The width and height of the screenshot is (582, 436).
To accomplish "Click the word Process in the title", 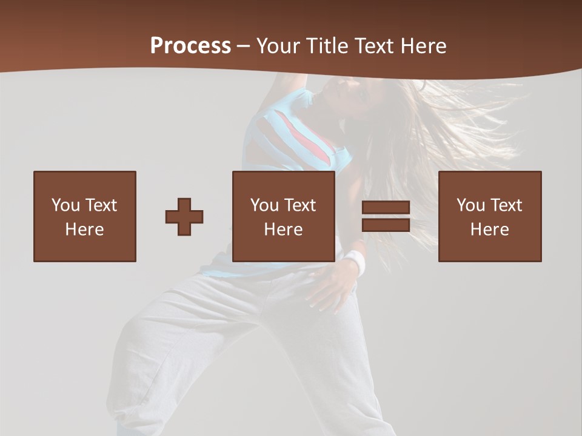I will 190,46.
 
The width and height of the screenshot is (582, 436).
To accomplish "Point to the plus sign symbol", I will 184,216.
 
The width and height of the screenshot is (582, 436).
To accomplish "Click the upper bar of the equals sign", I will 386,208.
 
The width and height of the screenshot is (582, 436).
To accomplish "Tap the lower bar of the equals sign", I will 386,225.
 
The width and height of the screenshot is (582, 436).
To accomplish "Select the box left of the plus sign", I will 84,216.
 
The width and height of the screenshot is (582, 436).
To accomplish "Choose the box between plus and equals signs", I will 283,216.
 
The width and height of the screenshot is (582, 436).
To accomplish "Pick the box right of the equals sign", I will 489,216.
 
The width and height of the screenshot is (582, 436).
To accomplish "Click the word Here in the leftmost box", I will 84,230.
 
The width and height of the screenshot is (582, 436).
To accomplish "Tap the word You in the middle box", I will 264,205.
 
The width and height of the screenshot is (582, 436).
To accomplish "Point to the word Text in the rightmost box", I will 507,205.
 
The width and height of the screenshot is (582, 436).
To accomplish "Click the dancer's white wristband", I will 356,263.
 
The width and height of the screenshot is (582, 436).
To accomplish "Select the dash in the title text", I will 244,46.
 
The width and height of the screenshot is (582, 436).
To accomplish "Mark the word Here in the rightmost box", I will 489,230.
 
